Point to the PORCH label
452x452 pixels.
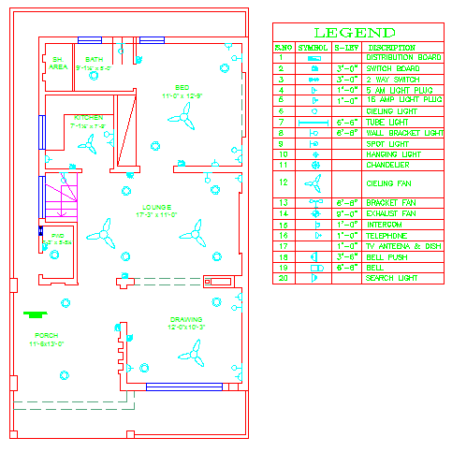point(46,335)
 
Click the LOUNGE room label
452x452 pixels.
point(156,207)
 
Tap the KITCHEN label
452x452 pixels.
point(88,118)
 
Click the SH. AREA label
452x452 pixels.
point(58,64)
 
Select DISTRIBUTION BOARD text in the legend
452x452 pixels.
point(404,57)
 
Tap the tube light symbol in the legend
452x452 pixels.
point(314,122)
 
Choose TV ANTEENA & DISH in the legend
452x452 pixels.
point(404,246)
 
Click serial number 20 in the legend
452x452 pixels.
point(281,278)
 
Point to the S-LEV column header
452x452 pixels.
point(347,47)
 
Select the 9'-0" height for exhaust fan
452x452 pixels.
point(347,214)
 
